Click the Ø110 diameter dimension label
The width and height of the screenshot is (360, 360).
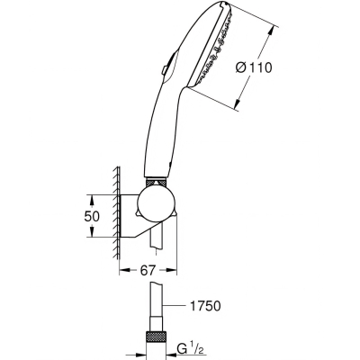[x=254, y=67]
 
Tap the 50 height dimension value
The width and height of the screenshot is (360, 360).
[x=92, y=216]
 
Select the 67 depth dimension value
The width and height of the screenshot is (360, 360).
[x=148, y=270]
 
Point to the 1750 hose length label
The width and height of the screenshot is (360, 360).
[x=205, y=306]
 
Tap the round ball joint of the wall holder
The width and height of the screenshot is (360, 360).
[x=156, y=205]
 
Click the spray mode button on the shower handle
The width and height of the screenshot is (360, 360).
[x=165, y=70]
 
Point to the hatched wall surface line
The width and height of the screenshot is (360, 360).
[x=117, y=213]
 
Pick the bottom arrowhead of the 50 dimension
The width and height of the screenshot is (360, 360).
[x=92, y=233]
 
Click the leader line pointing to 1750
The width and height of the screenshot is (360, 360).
[x=174, y=306]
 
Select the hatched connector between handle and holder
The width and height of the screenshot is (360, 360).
[x=156, y=183]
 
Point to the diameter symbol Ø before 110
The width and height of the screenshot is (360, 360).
[x=241, y=67]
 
